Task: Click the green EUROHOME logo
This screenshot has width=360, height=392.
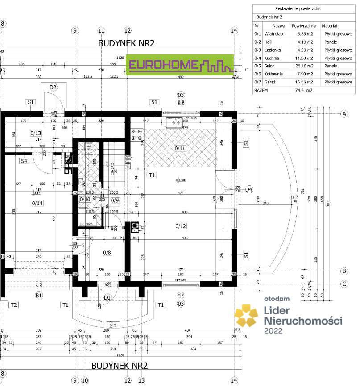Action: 180,65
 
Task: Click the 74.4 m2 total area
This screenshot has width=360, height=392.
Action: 303,90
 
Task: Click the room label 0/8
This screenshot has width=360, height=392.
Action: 107,253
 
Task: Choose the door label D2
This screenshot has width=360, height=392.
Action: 54,87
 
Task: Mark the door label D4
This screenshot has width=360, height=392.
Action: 249,189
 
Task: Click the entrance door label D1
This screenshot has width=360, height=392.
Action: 107,297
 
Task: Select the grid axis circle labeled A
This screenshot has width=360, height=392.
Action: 344,114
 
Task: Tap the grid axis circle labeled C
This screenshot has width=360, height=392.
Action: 344,283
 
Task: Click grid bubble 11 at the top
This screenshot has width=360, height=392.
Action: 101,30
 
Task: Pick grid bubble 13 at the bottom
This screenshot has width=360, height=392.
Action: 141,380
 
